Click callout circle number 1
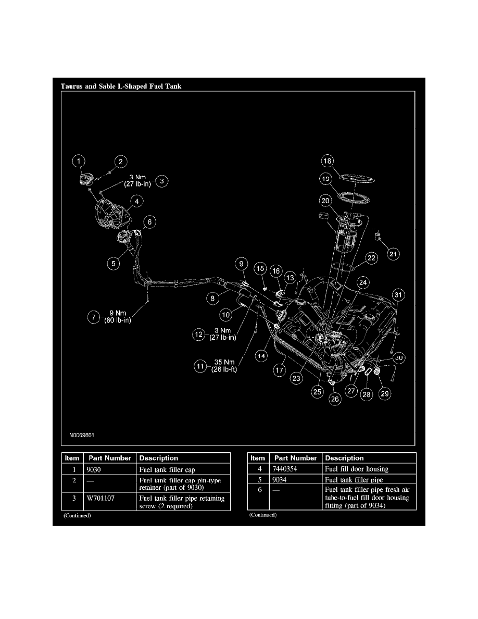click(79, 163)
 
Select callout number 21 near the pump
click(393, 254)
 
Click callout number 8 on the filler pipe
click(213, 299)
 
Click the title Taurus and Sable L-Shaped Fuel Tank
click(121, 86)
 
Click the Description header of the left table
click(158, 458)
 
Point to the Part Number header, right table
click(296, 458)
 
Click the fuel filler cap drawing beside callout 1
click(85, 180)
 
